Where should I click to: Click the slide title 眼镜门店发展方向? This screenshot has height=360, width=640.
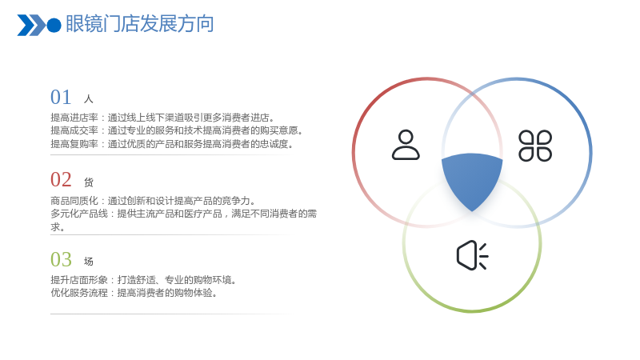[139, 24]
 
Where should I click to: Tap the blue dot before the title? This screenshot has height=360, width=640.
[54, 26]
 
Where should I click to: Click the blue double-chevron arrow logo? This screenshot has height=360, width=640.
[31, 26]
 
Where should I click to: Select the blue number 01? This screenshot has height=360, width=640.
[61, 97]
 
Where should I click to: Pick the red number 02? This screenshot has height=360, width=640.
[61, 179]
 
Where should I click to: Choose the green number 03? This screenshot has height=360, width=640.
[61, 259]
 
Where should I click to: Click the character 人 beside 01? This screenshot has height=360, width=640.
[89, 98]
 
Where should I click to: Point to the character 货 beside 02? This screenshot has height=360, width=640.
[89, 182]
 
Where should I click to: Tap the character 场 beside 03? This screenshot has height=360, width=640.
[89, 262]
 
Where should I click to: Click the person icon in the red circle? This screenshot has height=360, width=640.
[406, 145]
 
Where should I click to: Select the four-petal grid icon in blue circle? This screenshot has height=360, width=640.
[535, 146]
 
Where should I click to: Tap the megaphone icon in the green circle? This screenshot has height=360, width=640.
[472, 255]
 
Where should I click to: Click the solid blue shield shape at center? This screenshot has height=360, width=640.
[472, 179]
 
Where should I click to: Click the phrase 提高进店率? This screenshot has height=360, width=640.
[74, 118]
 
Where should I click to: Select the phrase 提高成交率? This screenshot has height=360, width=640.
[74, 130]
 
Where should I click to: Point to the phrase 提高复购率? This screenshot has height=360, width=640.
[74, 144]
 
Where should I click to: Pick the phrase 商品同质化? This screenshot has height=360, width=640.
[74, 201]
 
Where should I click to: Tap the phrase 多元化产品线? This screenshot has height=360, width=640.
[79, 214]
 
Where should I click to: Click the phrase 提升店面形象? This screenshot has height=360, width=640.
[79, 280]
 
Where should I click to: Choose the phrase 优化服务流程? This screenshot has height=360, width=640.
[79, 293]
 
